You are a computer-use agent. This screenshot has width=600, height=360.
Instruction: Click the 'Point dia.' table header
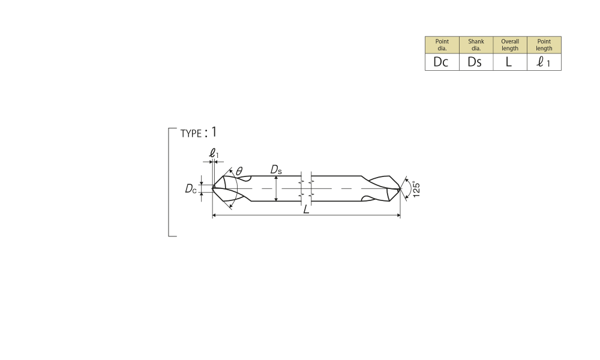tap(442, 45)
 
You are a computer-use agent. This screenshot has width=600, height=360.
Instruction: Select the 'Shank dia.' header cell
tap(476, 45)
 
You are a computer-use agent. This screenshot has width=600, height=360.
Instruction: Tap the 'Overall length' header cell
tap(510, 45)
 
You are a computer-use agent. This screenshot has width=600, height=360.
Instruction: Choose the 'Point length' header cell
tap(544, 45)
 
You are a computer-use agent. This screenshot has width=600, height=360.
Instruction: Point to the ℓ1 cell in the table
tap(544, 62)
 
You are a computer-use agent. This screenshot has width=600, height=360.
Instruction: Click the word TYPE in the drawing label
tap(191, 134)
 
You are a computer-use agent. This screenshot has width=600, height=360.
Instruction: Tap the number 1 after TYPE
tap(214, 132)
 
